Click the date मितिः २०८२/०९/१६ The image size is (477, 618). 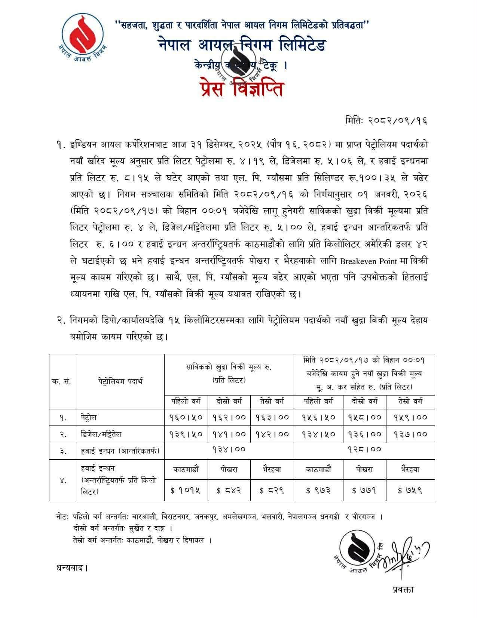(386, 121)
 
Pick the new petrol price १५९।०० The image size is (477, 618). (410, 417)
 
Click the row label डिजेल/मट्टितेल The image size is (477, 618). (101, 434)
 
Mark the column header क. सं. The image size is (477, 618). (63, 381)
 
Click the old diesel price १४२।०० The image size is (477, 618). (272, 434)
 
